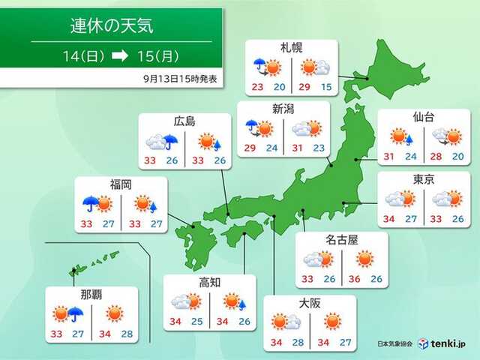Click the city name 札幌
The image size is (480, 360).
point(292,48)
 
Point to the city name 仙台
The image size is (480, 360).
point(424,118)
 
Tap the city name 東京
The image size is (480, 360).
point(424,178)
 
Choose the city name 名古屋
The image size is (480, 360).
point(341,239)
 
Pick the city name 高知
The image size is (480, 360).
point(209,282)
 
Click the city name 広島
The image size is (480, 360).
point(184,121)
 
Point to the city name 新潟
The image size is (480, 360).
point(282,109)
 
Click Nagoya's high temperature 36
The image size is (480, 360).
point(355,279)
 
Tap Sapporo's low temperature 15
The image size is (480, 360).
point(325,88)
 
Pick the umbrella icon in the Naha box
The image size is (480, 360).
point(75,313)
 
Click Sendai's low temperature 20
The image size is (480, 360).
point(458,156)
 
